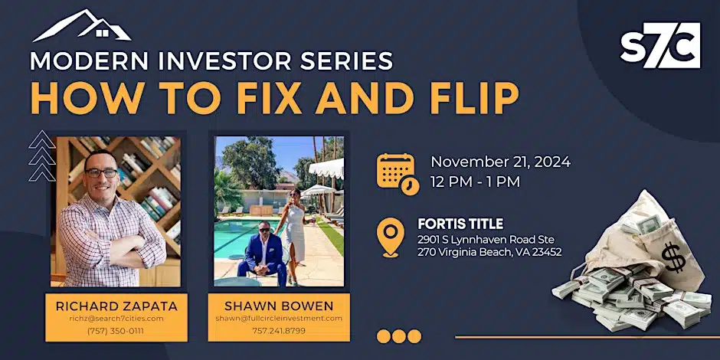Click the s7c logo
tap(660, 45)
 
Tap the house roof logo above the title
tap(82, 25)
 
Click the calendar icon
tap(398, 175)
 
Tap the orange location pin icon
tap(391, 237)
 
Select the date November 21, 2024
tap(500, 162)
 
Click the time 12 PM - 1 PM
tap(475, 182)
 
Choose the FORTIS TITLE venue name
tap(460, 224)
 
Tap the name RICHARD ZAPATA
tap(116, 306)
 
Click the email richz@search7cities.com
tap(116, 318)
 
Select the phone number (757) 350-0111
tap(116, 331)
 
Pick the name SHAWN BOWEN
tap(279, 306)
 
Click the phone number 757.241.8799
tap(279, 330)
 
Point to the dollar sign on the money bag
tap(673, 257)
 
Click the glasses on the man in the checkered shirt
tap(101, 172)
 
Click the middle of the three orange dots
tap(398, 336)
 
